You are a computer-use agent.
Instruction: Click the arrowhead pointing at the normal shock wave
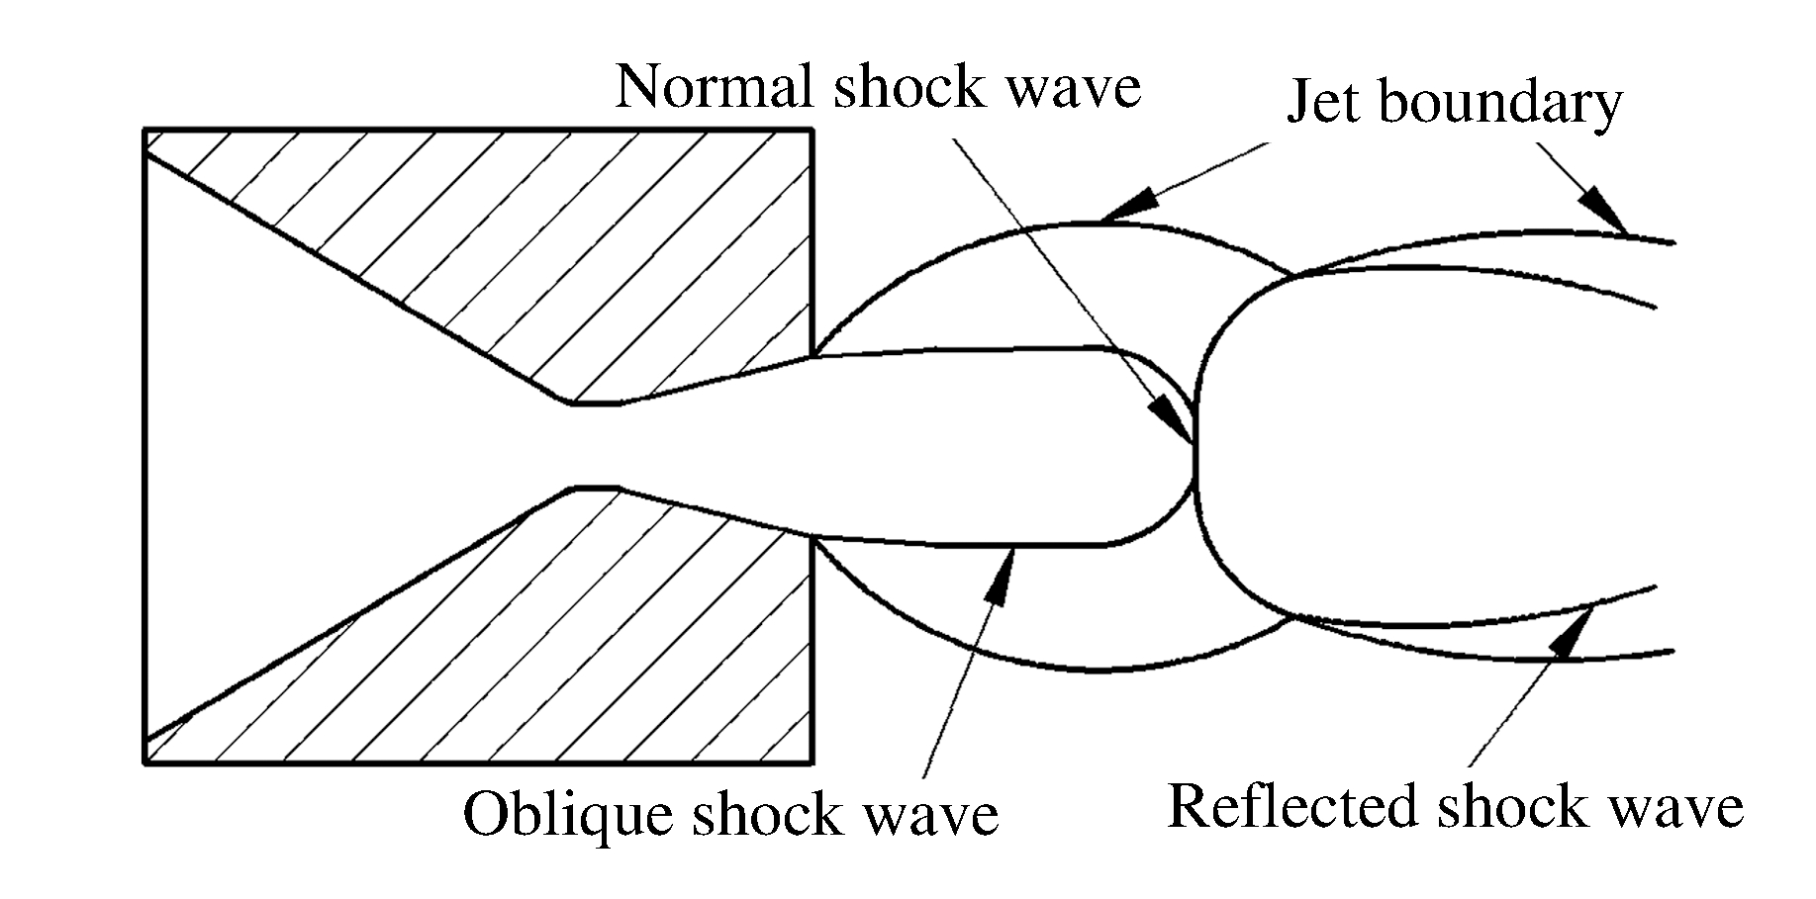pyautogui.click(x=1177, y=419)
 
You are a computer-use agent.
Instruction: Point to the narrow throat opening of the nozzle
pyautogui.click(x=594, y=445)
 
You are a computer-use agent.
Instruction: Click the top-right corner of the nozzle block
pyautogui.click(x=812, y=130)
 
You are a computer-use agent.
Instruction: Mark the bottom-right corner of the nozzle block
pyautogui.click(x=812, y=763)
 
